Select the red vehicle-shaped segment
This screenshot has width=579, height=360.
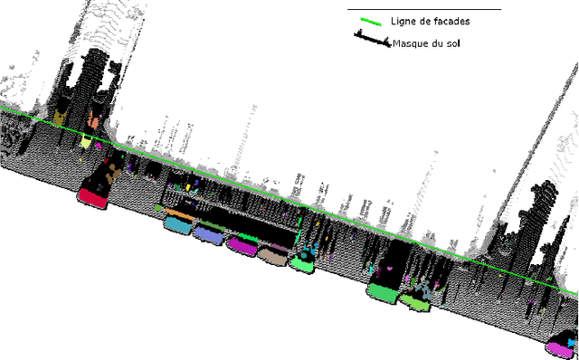coord(92,195)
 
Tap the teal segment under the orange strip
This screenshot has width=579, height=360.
coord(177,223)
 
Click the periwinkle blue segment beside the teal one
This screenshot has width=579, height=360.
coord(209,235)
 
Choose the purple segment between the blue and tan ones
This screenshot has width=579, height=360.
coord(242,244)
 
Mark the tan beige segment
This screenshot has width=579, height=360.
coord(271,255)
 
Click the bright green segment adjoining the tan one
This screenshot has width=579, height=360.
coord(301,263)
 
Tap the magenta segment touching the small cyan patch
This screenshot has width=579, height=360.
coord(562,346)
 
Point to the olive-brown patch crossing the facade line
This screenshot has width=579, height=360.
coord(60,118)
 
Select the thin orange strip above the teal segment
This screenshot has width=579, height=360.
coord(179,214)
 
